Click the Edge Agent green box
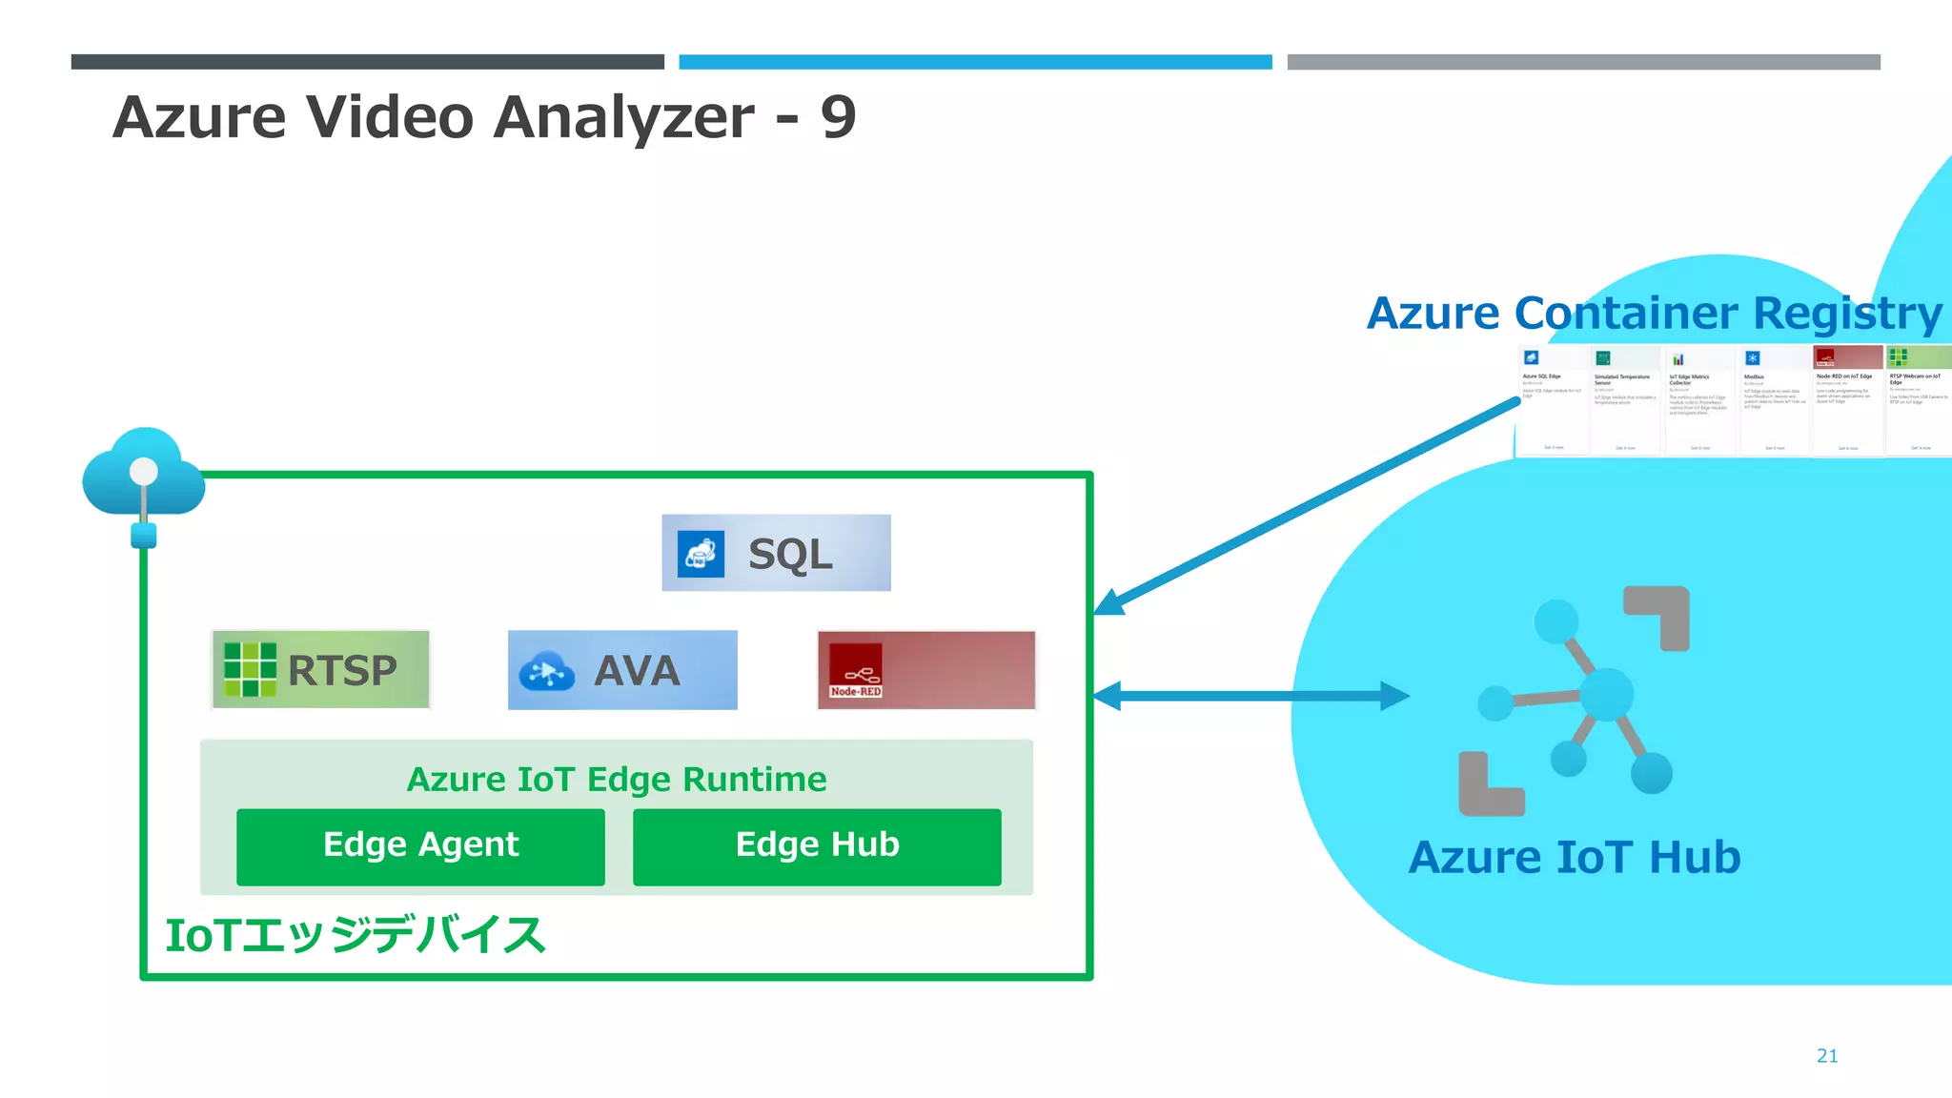pyautogui.click(x=420, y=846)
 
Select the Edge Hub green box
pyautogui.click(x=817, y=846)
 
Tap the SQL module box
pyautogui.click(x=776, y=553)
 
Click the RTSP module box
pyautogui.click(x=320, y=669)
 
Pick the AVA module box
pyautogui.click(x=622, y=669)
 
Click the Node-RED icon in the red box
pyautogui.click(x=855, y=670)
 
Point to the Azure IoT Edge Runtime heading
pyautogui.click(x=616, y=779)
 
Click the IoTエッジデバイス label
pyautogui.click(x=355, y=935)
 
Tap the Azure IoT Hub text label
pyautogui.click(x=1574, y=857)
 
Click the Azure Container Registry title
pyautogui.click(x=1654, y=313)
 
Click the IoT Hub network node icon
pyautogui.click(x=1575, y=701)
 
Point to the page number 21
pyautogui.click(x=1826, y=1055)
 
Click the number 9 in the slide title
pyautogui.click(x=838, y=117)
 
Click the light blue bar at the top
pyautogui.click(x=974, y=62)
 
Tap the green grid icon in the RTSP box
pyautogui.click(x=250, y=669)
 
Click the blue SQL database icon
pyautogui.click(x=701, y=554)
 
